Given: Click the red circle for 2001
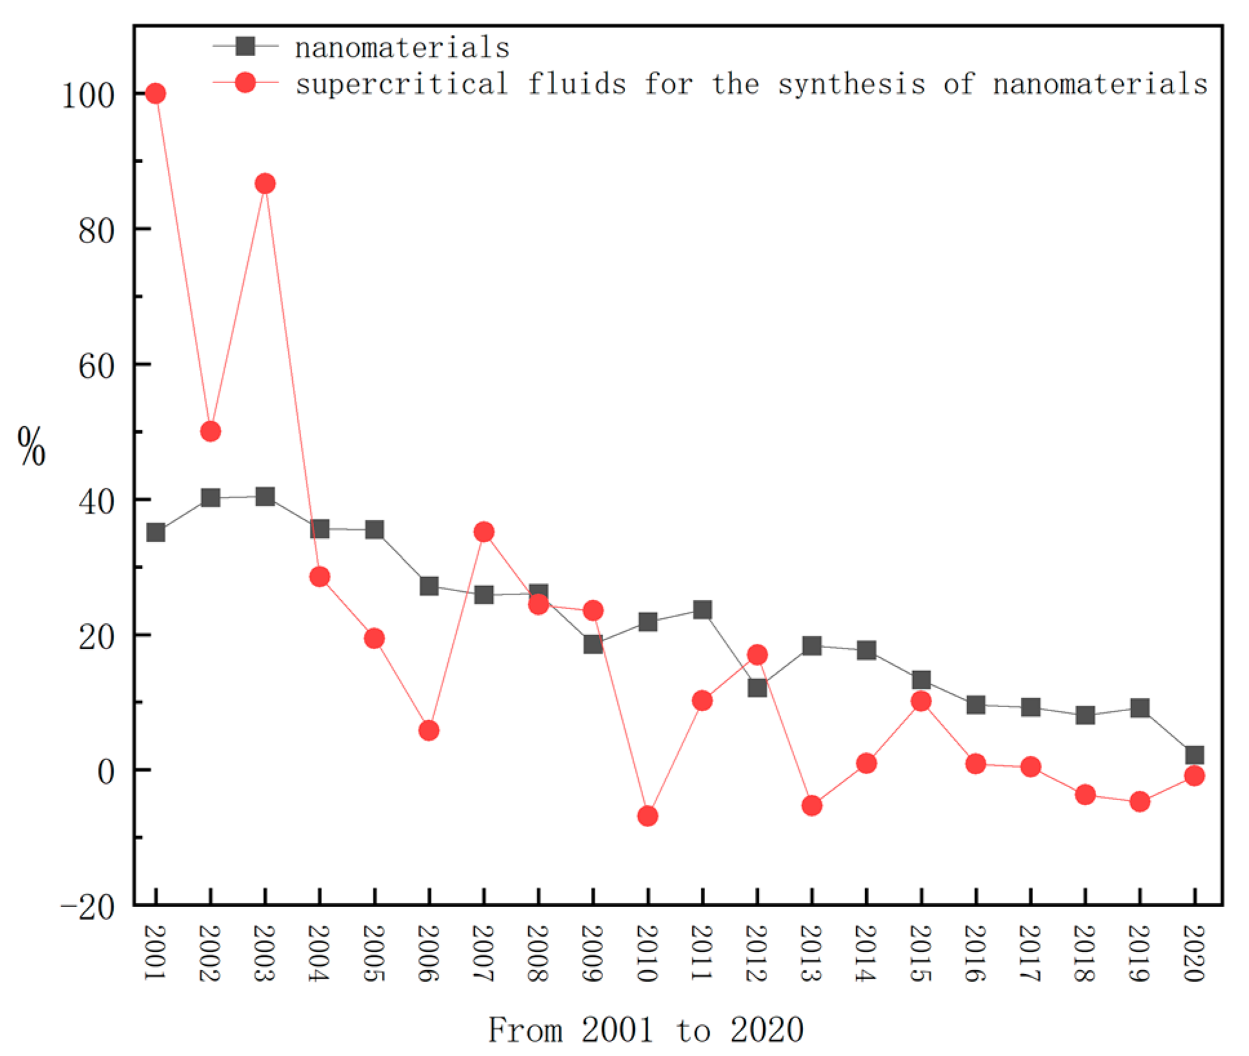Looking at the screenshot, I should pyautogui.click(x=155, y=93).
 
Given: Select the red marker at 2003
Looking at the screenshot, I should pyautogui.click(x=265, y=184).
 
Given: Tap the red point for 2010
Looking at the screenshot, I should pyautogui.click(x=648, y=816).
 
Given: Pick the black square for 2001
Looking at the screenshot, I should pyautogui.click(x=155, y=533).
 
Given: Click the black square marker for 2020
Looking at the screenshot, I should pyautogui.click(x=1194, y=754).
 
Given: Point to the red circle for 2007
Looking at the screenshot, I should pyautogui.click(x=484, y=532).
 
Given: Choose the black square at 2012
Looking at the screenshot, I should pyautogui.click(x=757, y=688).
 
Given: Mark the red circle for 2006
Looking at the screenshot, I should pyautogui.click(x=429, y=730).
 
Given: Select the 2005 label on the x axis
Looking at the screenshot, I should pyautogui.click(x=374, y=953).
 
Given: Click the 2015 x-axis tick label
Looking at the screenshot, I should pyautogui.click(x=921, y=953).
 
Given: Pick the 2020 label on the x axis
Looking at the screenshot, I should pyautogui.click(x=1194, y=953).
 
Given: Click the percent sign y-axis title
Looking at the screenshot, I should pyautogui.click(x=32, y=446).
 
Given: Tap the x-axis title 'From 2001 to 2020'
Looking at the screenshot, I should pyautogui.click(x=646, y=1029).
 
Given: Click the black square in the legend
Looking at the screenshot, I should pyautogui.click(x=245, y=46).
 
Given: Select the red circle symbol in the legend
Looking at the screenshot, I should pyautogui.click(x=245, y=83).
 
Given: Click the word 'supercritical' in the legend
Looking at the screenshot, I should pyautogui.click(x=401, y=84).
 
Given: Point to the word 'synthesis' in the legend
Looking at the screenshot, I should pyautogui.click(x=852, y=84).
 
